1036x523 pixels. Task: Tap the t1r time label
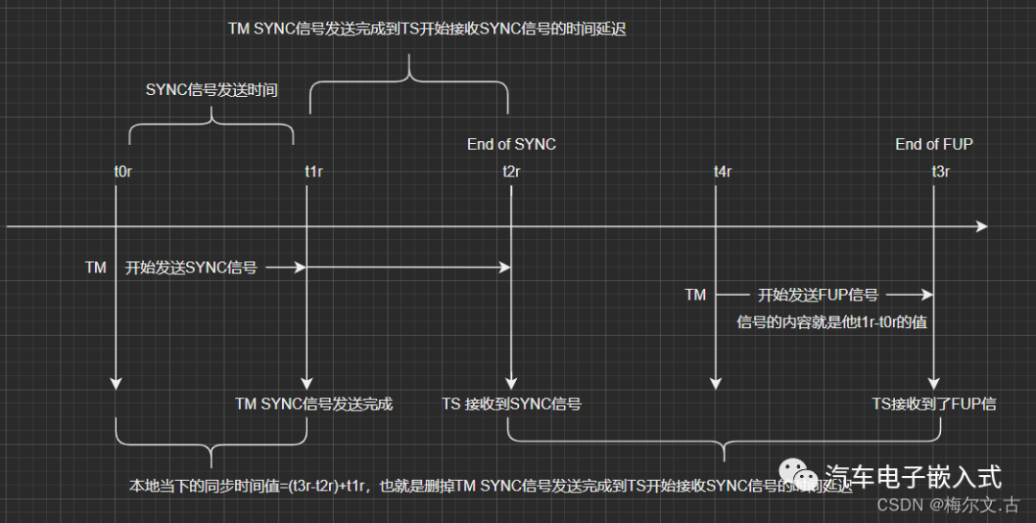pos(314,172)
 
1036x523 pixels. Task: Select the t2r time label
pos(511,172)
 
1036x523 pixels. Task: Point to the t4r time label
pos(722,172)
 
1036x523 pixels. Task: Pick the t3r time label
pos(941,172)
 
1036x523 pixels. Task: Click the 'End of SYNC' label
pos(511,144)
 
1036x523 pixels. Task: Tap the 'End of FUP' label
pos(933,144)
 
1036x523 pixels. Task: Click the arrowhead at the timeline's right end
pos(980,226)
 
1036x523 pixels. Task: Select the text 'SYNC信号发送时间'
pos(211,90)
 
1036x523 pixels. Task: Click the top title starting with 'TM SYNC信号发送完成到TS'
pos(427,29)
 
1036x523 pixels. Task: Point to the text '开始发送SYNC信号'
pos(191,269)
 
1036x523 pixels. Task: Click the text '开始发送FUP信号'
pos(818,295)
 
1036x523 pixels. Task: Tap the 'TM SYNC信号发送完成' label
pos(314,404)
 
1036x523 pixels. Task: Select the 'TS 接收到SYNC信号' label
pos(511,404)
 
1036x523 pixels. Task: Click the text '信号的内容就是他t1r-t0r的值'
pos(831,322)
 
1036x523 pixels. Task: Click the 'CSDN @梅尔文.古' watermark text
pos(949,504)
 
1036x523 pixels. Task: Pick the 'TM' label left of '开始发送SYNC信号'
pos(96,269)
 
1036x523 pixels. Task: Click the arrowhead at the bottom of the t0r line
pos(116,383)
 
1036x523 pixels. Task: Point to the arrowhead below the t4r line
pos(715,383)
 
